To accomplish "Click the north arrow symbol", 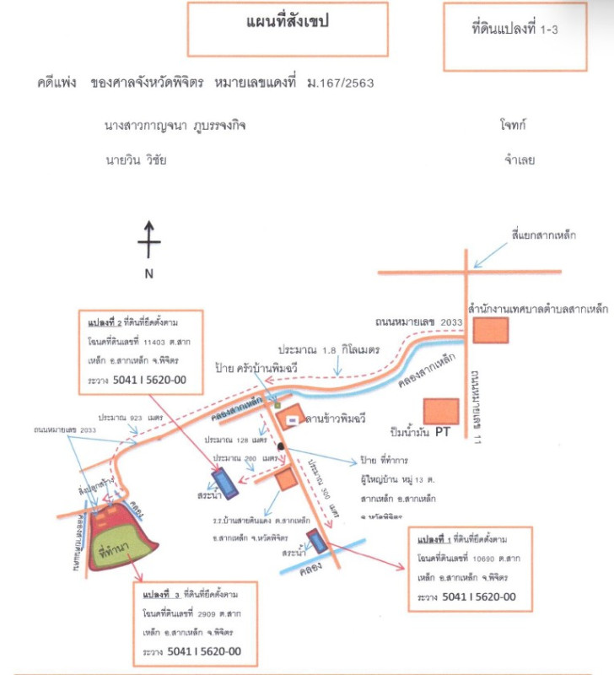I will click(148, 241).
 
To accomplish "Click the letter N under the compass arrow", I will click(148, 273).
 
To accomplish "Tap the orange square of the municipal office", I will click(486, 331).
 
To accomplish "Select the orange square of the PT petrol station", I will click(441, 411).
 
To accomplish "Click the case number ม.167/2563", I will click(341, 84).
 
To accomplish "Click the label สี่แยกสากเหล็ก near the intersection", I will click(544, 235).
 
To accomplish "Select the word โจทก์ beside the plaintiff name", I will click(514, 125).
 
